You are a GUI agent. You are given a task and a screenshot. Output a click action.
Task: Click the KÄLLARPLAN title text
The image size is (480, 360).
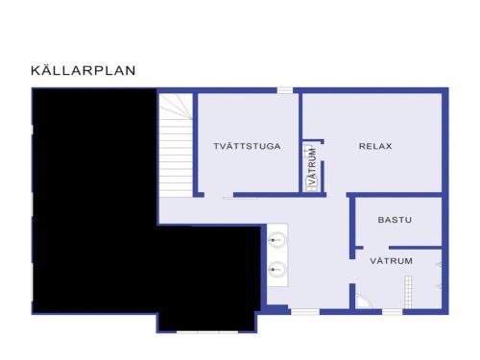point(84,70)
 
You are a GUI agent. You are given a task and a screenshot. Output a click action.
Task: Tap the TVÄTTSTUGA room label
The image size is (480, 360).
point(247,146)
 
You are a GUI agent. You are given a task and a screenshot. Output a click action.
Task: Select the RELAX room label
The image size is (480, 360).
point(375,146)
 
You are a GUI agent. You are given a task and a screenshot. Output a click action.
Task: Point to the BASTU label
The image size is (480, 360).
point(395,220)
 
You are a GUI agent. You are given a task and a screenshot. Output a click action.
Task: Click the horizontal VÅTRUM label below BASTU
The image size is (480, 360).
point(391,261)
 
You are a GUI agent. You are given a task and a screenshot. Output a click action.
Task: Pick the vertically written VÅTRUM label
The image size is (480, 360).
point(312,166)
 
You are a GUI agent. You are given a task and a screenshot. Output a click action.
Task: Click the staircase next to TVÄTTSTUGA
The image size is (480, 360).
point(176,146)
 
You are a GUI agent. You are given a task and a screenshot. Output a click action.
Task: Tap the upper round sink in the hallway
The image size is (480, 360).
point(276,240)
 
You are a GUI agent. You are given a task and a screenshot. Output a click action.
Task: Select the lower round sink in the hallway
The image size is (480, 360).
point(276,270)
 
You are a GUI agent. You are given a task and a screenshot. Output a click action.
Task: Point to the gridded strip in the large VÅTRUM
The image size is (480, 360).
point(408,292)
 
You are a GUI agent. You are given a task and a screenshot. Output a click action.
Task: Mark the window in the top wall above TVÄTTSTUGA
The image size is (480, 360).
point(285,90)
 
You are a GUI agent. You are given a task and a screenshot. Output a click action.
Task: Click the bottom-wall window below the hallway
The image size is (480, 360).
point(305,312)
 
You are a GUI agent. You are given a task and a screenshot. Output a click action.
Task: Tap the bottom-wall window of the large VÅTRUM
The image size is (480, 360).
point(393,312)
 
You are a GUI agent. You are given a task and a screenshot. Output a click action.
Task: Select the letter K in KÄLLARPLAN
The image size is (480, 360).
point(35,71)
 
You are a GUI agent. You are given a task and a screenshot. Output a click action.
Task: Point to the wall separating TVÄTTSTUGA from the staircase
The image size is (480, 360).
point(195,145)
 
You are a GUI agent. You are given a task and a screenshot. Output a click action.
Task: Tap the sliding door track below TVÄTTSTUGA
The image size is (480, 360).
point(240,199)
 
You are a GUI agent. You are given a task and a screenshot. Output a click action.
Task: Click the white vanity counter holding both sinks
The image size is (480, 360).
point(277,254)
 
